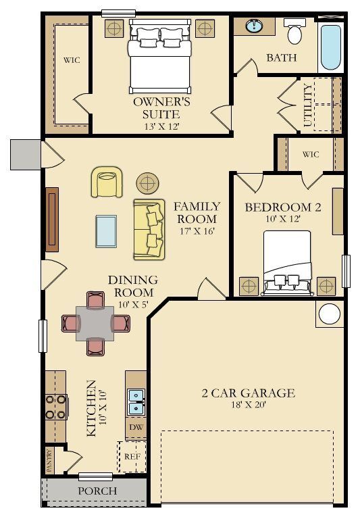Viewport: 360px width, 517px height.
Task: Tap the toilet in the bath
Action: click(294, 32)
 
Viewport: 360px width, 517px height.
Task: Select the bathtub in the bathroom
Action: click(330, 47)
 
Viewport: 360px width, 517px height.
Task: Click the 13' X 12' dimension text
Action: click(161, 126)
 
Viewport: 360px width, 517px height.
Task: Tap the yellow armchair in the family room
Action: click(107, 182)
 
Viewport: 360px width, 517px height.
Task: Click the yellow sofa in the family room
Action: click(149, 229)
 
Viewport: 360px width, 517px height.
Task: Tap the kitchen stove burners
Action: click(55, 407)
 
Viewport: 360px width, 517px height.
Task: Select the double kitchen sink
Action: click(136, 402)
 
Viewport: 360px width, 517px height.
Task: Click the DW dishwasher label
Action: click(135, 427)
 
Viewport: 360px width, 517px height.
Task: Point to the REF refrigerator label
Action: click(132, 457)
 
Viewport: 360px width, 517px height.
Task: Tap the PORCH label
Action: click(97, 491)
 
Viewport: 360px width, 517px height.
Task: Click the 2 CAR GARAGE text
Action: click(248, 393)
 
